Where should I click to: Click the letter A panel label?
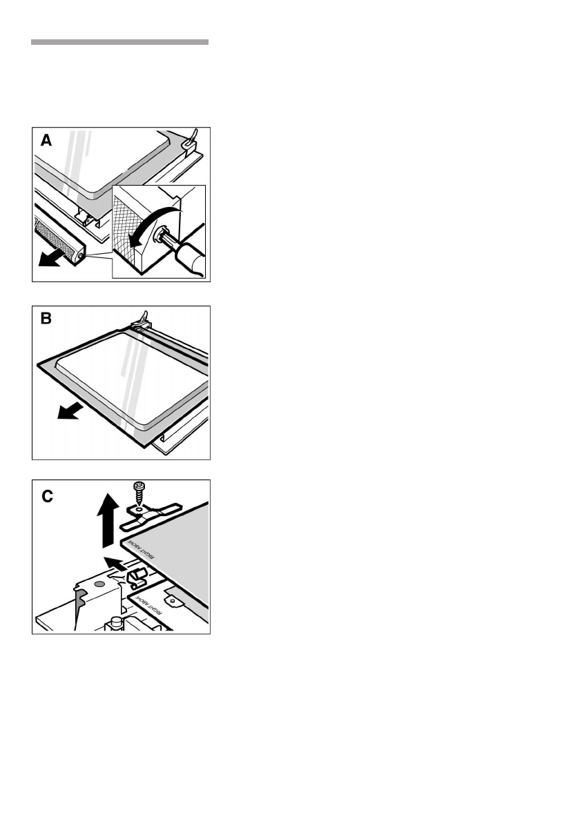pos(46,141)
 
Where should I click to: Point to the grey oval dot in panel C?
pos(100,583)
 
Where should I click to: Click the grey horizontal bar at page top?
pos(119,42)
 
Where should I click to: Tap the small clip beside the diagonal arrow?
pos(135,575)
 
